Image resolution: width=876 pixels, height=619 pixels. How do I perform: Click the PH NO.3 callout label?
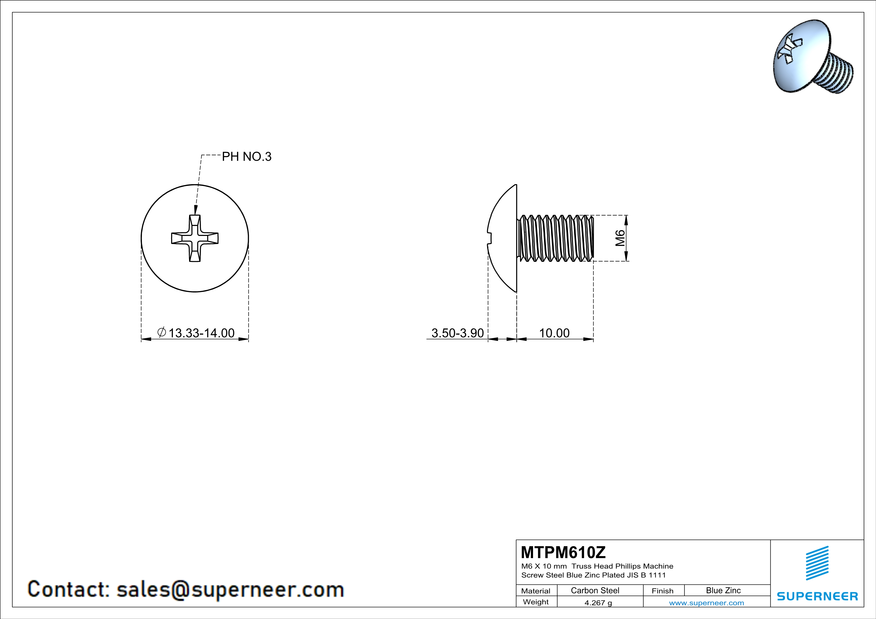[x=247, y=157]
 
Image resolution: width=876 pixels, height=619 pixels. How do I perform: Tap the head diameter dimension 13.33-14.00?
[x=201, y=333]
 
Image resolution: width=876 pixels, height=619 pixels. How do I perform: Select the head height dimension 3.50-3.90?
[x=457, y=333]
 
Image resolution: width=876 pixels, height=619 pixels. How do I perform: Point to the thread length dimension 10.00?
[x=554, y=333]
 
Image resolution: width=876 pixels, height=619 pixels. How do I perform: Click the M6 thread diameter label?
[x=620, y=238]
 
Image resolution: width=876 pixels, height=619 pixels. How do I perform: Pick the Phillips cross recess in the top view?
[x=195, y=238]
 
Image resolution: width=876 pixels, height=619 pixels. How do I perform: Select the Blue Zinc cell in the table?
[x=723, y=590]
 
